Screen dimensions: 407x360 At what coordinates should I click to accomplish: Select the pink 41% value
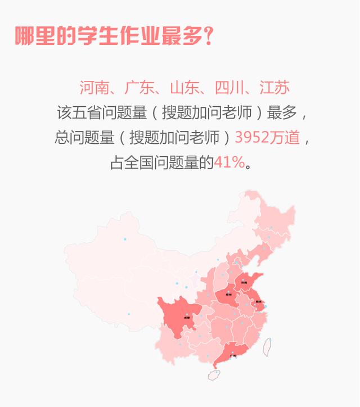229,163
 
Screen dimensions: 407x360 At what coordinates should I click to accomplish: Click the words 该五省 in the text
79,112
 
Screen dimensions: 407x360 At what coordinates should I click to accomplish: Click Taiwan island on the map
268,346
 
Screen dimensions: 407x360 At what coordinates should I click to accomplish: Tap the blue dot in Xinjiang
125,239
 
